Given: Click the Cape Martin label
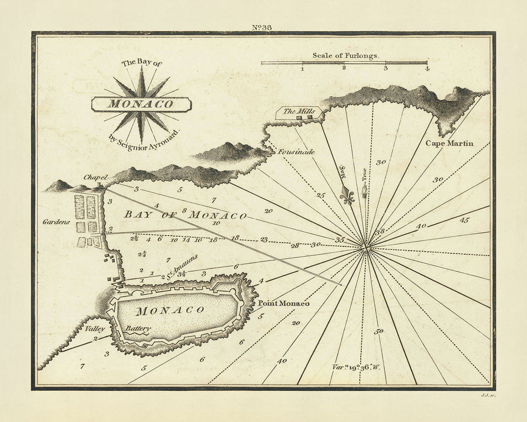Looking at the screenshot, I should point(449,143).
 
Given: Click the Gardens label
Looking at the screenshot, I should point(56,222).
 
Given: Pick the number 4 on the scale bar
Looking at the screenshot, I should point(427,69).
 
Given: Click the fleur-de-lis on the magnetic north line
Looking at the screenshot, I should point(348,196).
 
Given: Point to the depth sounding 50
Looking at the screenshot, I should point(379,332).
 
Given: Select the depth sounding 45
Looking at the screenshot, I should point(465,220).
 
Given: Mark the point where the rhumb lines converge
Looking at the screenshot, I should point(367,248).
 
